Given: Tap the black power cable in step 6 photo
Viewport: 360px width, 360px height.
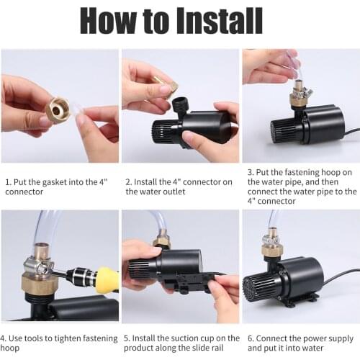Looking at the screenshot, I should [x=338, y=276].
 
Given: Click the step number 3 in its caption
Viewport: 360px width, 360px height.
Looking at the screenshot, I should [x=249, y=173].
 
